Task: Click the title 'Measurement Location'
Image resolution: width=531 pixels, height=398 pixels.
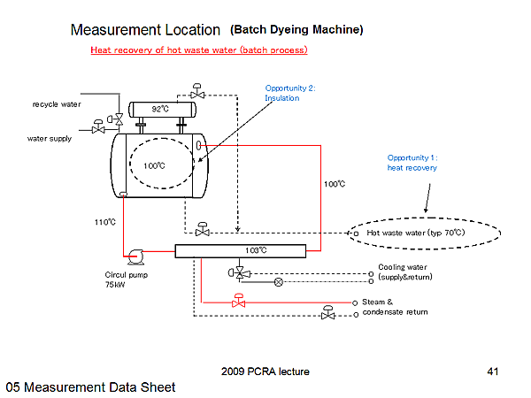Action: click(145, 30)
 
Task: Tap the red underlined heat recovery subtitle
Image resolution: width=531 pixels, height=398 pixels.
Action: click(198, 50)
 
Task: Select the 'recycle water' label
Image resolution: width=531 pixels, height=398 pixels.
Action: click(57, 104)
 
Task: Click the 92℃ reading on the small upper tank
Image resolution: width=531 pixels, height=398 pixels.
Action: click(160, 109)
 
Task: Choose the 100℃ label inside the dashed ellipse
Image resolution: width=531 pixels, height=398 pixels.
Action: click(155, 165)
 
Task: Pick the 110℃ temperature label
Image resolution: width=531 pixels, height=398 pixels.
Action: click(104, 223)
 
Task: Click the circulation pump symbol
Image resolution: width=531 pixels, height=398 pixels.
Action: click(135, 256)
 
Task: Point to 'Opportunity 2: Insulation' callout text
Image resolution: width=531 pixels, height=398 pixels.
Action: click(289, 93)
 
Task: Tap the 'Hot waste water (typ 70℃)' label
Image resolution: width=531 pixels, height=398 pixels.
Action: click(415, 233)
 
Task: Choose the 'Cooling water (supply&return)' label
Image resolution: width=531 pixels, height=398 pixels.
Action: click(403, 272)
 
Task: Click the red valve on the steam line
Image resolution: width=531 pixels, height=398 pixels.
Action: click(237, 302)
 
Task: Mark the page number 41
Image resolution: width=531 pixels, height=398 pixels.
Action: click(494, 371)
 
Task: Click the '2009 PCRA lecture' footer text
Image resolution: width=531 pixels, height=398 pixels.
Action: click(265, 371)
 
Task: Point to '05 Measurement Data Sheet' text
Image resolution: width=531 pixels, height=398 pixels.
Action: click(90, 387)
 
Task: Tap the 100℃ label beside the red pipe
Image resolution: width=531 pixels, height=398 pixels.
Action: click(335, 184)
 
